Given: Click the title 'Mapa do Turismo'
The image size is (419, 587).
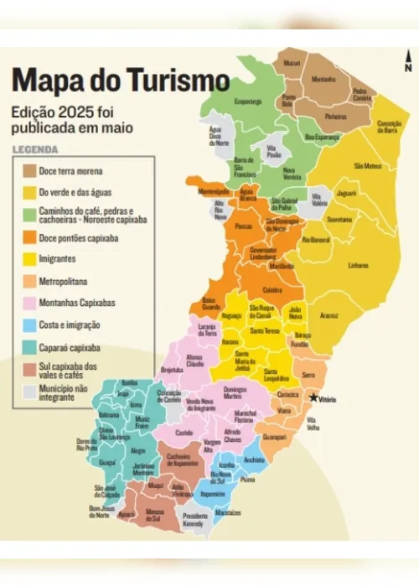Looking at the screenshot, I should coord(120,81).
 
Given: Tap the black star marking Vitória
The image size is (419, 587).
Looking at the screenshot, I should coord(314,397).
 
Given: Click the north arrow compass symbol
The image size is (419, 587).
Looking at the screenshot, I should coord(407,60).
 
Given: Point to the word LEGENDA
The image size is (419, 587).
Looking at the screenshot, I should coord(34,151).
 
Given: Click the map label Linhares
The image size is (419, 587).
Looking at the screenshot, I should coord(358,266).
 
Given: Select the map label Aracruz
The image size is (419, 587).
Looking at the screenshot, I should coord(329,315).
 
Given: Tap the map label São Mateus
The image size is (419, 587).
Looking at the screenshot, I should coord(368,166).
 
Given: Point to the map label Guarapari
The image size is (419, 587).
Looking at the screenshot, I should coord(297,437).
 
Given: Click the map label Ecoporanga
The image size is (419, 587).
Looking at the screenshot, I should coord(248,101).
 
